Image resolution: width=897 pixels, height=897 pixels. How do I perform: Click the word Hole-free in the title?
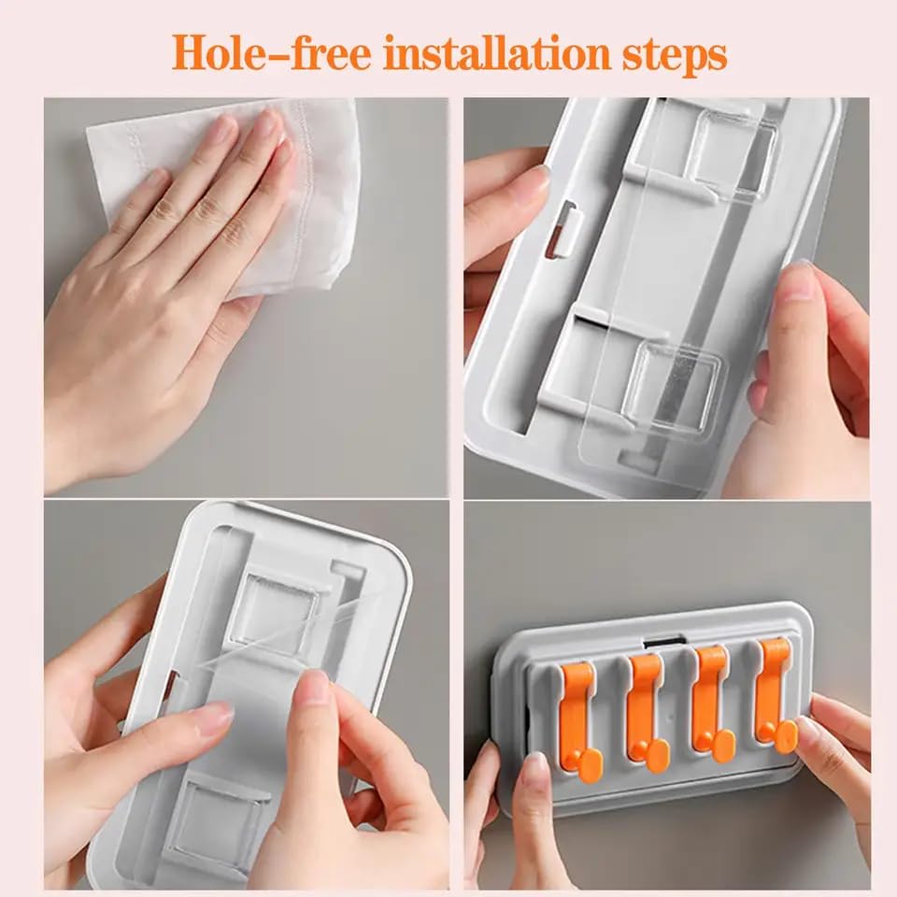tap(272, 53)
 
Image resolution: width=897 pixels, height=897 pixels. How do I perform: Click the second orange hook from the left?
tap(647, 712)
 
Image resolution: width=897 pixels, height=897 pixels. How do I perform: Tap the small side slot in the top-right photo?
tap(562, 229)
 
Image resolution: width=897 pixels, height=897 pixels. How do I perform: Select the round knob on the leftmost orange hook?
tap(591, 766)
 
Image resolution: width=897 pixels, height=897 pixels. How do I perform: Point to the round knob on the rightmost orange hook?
tap(786, 737)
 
